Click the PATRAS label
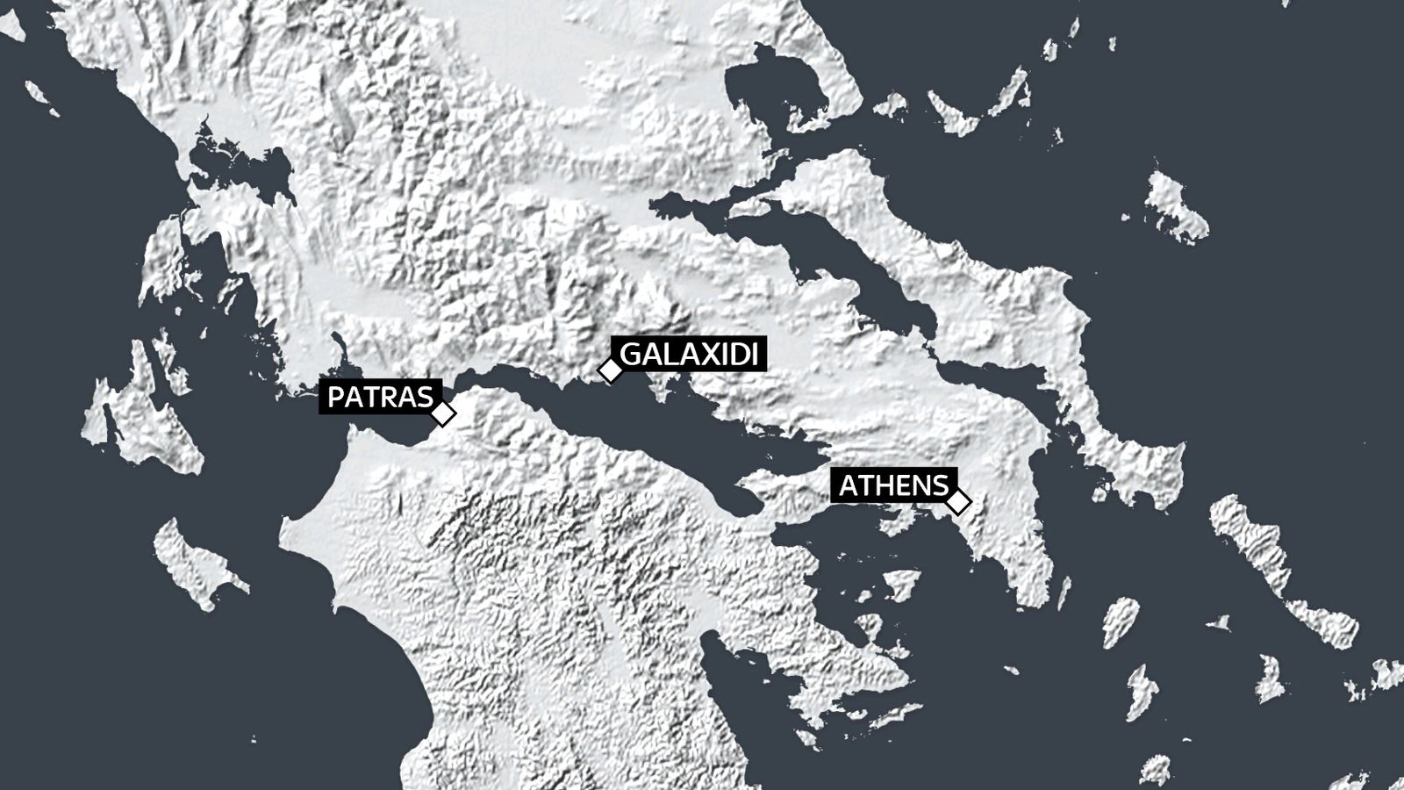[379, 398]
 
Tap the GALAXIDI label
[689, 355]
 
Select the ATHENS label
[893, 485]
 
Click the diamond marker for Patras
[444, 413]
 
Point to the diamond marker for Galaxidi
[610, 370]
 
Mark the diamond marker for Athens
[958, 502]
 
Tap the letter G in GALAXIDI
[632, 355]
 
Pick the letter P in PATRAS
[336, 398]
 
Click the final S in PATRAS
[423, 398]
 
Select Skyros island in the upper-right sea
[1176, 206]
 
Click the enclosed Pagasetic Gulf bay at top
[772, 97]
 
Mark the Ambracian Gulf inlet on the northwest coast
[237, 167]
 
